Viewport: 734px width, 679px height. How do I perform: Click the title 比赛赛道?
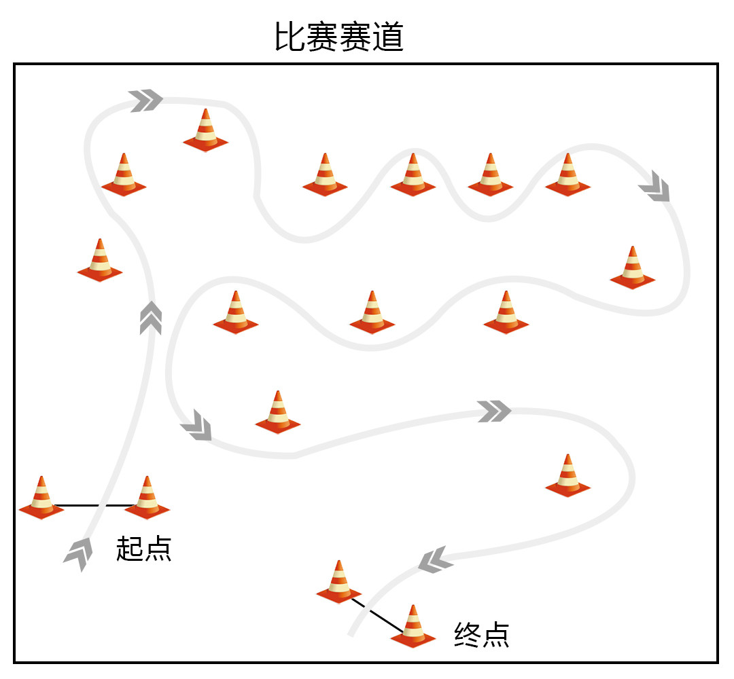coord(339,37)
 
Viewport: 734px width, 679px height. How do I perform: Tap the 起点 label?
coord(143,549)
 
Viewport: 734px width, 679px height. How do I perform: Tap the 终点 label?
coord(481,635)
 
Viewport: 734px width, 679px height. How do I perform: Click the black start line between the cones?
coord(94,506)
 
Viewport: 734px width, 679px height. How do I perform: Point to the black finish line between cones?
coord(376,614)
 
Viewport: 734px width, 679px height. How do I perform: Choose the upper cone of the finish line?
coord(338,582)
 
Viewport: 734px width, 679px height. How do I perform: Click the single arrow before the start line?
coord(78,553)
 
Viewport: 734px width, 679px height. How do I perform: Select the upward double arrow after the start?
coord(150,318)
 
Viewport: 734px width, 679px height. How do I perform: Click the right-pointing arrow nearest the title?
coord(146,100)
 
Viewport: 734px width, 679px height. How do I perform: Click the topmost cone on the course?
coord(205,130)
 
